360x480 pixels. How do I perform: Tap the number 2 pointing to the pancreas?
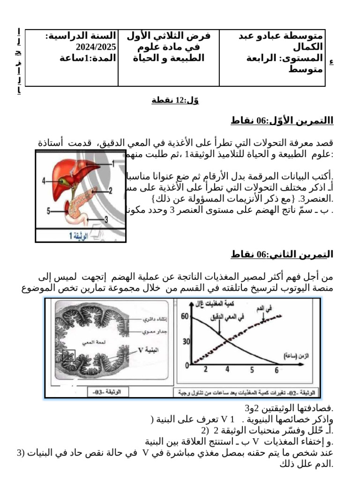coord(111,190)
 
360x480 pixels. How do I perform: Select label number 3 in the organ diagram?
coord(106,219)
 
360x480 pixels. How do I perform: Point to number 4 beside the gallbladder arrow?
coord(43,180)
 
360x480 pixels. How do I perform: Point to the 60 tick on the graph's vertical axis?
coord(184,317)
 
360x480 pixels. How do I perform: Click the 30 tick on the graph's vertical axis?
coord(186,341)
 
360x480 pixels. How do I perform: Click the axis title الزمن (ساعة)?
coord(297,356)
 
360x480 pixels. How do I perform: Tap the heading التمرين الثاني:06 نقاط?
coord(282,255)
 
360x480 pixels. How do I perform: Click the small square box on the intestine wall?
coord(68,357)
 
